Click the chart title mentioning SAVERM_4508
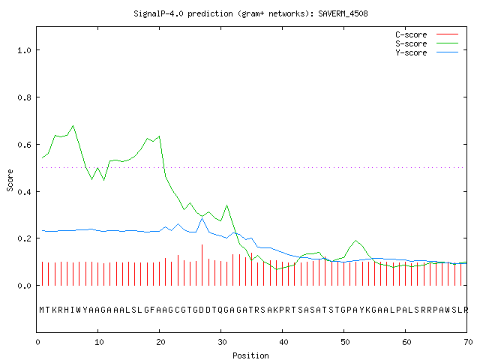tap(250, 13)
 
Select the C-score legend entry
tap(427, 34)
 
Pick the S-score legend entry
tap(427, 43)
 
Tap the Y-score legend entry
tap(427, 52)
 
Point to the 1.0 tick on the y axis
tap(24, 50)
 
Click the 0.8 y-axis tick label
tap(24, 97)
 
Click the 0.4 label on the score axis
tap(24, 192)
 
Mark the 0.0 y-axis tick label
tap(24, 286)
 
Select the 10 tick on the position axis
tap(99, 342)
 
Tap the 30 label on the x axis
tap(222, 342)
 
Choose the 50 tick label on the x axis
tap(345, 342)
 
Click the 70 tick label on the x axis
tap(468, 342)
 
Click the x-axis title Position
tap(250, 355)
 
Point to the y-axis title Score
tap(10, 180)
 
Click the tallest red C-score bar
tap(202, 265)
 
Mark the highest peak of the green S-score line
tap(73, 126)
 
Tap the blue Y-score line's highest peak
tap(202, 218)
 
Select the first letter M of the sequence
tap(42, 310)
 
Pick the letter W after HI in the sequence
tap(79, 310)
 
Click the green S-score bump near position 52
tap(355, 241)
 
